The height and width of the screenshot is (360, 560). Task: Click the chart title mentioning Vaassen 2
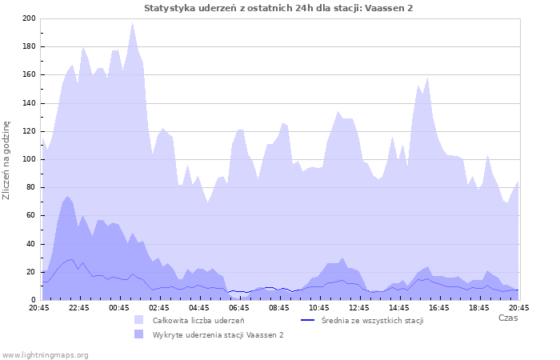tap(278, 8)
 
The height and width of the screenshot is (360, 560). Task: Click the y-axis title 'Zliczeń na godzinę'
tap(7, 160)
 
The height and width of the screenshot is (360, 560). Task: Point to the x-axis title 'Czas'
tap(507, 318)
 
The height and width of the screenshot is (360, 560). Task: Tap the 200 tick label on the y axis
tap(29, 18)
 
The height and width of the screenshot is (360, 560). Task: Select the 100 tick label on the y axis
tap(29, 159)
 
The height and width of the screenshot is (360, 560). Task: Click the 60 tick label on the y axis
tap(31, 215)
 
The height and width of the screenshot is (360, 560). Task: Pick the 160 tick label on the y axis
tap(29, 74)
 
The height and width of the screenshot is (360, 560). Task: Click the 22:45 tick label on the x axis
tap(78, 307)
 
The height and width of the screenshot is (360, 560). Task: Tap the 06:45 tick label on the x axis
tap(238, 307)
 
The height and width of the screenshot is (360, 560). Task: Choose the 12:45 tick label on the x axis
tap(358, 307)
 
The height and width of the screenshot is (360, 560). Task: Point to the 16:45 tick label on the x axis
tap(438, 307)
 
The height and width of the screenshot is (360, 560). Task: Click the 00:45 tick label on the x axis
tap(118, 307)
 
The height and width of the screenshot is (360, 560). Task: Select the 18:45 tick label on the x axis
tap(478, 307)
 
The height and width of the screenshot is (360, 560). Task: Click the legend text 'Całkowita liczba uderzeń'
tap(198, 320)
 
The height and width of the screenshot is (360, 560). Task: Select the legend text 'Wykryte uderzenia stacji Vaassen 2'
tap(218, 334)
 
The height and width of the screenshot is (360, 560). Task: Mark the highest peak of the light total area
tap(133, 22)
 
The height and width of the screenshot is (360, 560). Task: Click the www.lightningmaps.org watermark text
tap(46, 354)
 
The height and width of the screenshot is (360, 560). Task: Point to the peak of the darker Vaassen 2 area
tap(68, 196)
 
